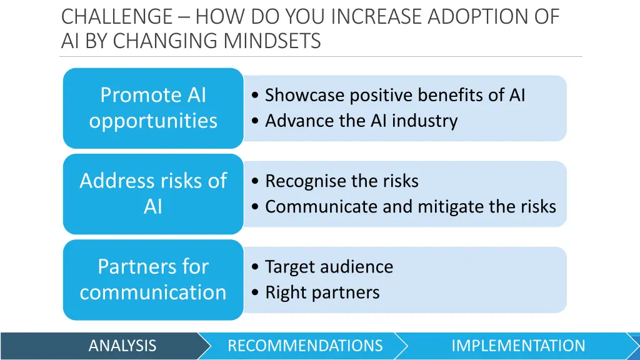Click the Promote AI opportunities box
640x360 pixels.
(x=153, y=107)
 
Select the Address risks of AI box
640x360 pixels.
(x=153, y=193)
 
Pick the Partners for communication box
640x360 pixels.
(x=153, y=279)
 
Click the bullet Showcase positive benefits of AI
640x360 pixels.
(x=394, y=95)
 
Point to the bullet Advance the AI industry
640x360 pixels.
(x=361, y=121)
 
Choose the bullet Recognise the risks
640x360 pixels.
(x=341, y=181)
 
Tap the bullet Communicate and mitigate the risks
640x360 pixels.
(x=410, y=206)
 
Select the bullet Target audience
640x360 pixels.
(x=329, y=267)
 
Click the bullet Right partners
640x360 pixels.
(x=322, y=292)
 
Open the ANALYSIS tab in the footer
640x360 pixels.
(x=122, y=346)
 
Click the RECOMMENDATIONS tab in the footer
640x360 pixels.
(x=305, y=346)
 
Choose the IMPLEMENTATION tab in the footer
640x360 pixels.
(x=518, y=346)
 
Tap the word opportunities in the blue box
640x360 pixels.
(x=153, y=121)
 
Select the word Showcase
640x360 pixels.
(x=304, y=95)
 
